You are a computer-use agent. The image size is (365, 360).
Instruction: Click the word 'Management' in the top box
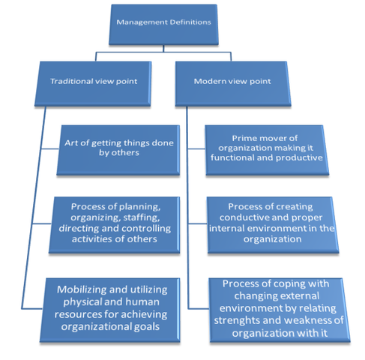pos(138,22)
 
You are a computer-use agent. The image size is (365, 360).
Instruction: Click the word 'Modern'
pos(210,80)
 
